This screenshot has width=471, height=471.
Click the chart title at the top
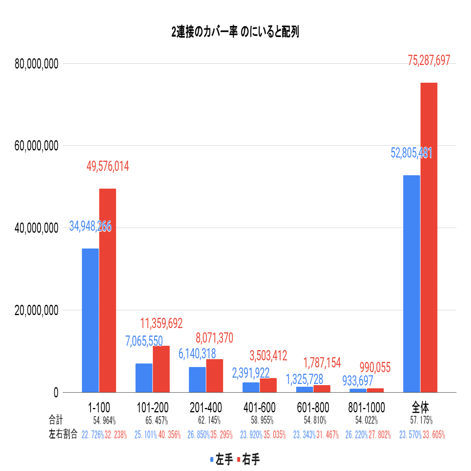pyautogui.click(x=235, y=32)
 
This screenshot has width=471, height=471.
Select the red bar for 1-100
pyautogui.click(x=108, y=290)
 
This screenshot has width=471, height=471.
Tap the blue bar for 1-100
pyautogui.click(x=90, y=320)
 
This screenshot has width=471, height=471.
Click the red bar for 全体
pyautogui.click(x=429, y=237)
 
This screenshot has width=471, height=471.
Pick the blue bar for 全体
pyautogui.click(x=412, y=284)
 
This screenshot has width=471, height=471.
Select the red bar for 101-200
pyautogui.click(x=161, y=369)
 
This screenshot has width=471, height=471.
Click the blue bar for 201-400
pyautogui.click(x=197, y=379)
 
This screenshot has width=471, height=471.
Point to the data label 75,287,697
pyautogui.click(x=429, y=60)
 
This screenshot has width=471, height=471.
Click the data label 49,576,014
pyautogui.click(x=108, y=167)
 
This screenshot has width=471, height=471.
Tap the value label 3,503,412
pyautogui.click(x=268, y=356)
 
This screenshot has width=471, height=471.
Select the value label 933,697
pyautogui.click(x=358, y=381)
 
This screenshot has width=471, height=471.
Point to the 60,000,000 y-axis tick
pyautogui.click(x=36, y=146)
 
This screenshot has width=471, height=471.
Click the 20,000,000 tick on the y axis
pyautogui.click(x=36, y=310)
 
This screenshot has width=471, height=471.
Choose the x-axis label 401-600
pyautogui.click(x=260, y=407)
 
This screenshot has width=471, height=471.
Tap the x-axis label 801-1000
pyautogui.click(x=367, y=407)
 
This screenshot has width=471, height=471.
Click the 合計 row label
pyautogui.click(x=56, y=420)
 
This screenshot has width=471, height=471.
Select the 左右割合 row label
pyautogui.click(x=63, y=434)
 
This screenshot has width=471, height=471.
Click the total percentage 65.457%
pyautogui.click(x=157, y=421)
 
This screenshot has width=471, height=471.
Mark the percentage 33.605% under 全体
pyautogui.click(x=434, y=435)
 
